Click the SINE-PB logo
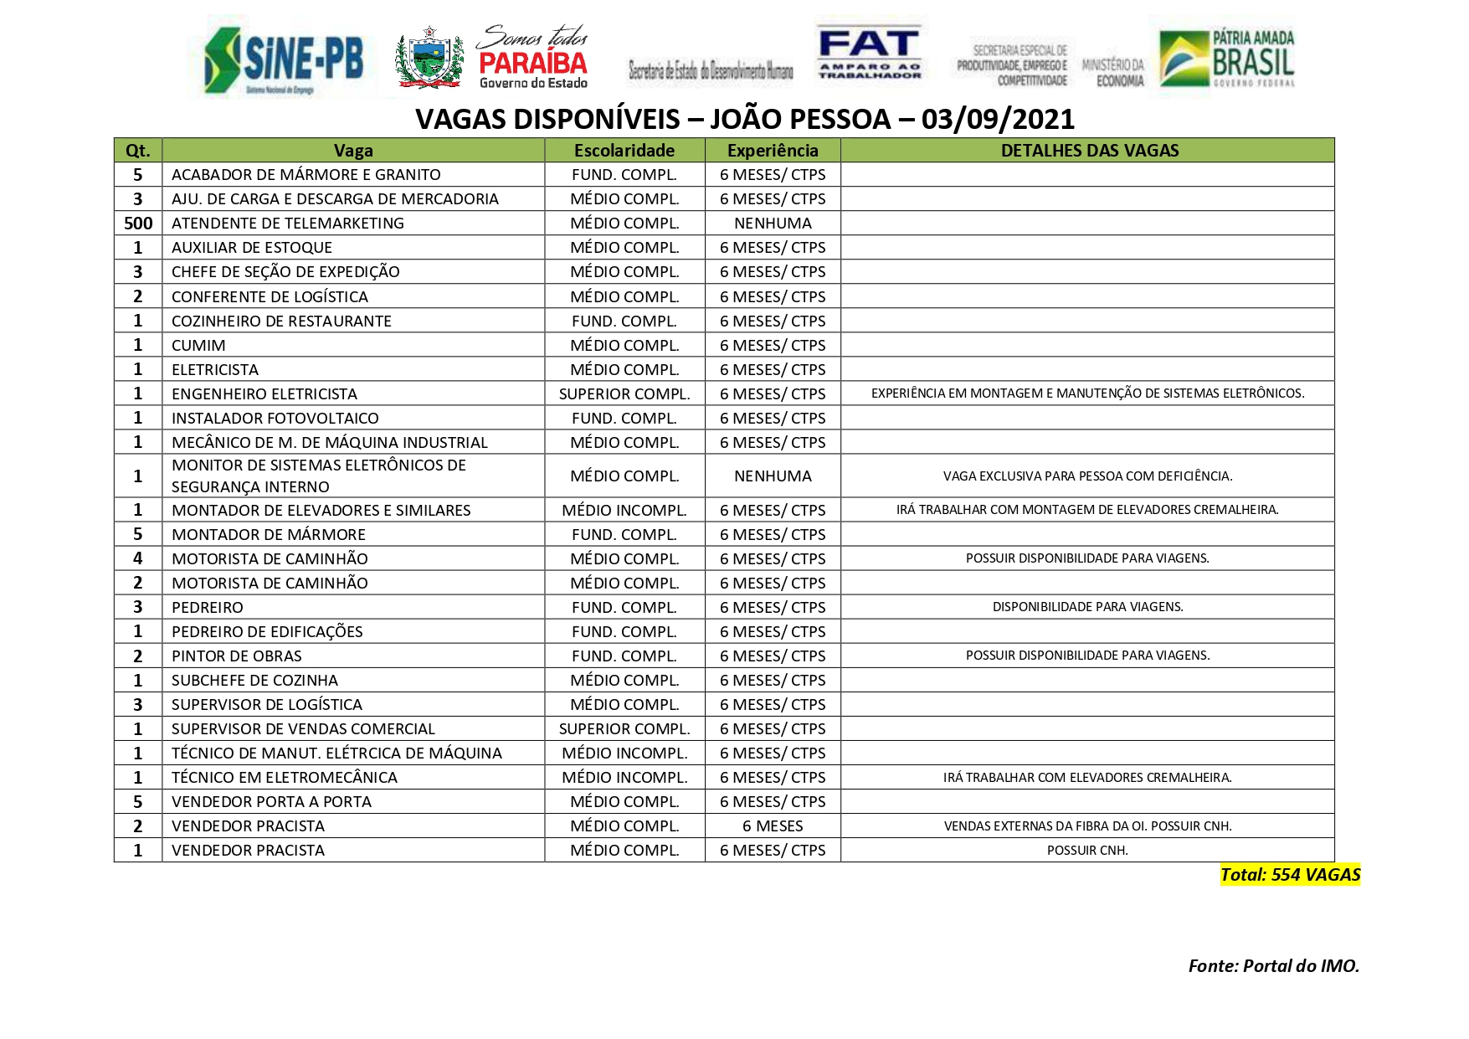pos(285,59)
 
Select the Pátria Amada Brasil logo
pos(1227,58)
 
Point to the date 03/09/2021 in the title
pos(997,120)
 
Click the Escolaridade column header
pos(624,151)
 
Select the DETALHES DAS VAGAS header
pos(1089,151)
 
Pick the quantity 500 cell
pos(138,224)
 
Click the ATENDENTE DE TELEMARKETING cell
pos(288,224)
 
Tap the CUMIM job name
pos(198,346)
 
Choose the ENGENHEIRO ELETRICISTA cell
pos(265,394)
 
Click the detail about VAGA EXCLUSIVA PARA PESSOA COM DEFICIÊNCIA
pos(1087,476)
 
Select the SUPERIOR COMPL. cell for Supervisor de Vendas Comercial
pos(624,729)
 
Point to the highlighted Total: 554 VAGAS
pos(1290,875)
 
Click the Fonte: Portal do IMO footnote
pos(1273,966)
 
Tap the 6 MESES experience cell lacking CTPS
pos(773,826)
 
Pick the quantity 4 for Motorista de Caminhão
pos(138,558)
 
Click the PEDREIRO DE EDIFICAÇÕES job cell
pos(267,632)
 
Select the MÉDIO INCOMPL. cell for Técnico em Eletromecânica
pos(624,778)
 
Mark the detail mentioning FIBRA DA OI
pos(1087,826)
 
